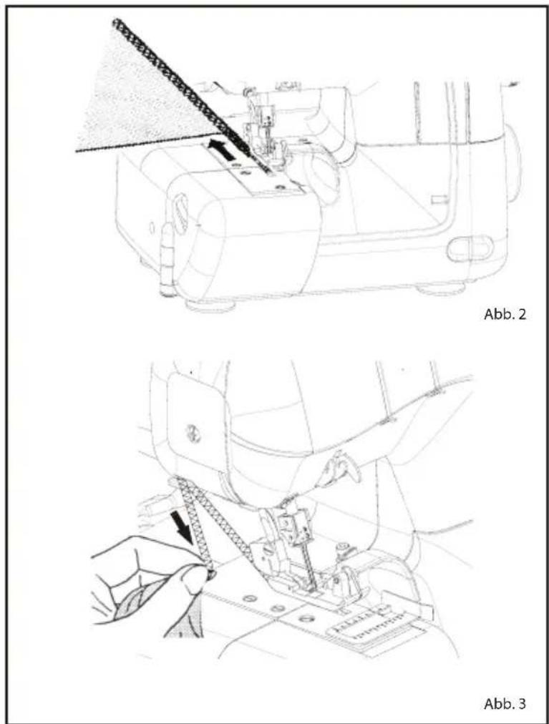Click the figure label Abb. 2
(505, 315)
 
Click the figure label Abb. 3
(505, 704)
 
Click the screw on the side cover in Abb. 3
(190, 433)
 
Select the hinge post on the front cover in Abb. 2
(166, 261)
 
